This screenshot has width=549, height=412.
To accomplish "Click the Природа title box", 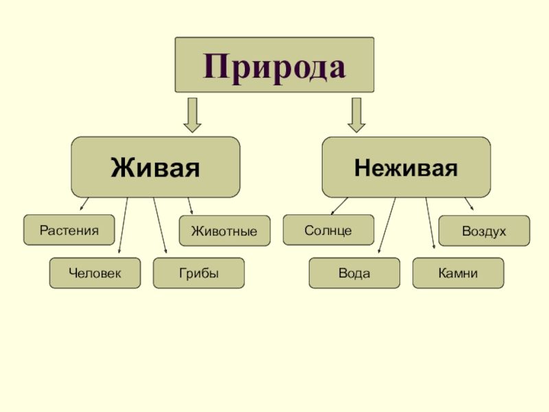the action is (x=274, y=65).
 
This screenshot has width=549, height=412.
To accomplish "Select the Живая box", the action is (x=156, y=167).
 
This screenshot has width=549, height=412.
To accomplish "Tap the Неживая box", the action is (x=406, y=167).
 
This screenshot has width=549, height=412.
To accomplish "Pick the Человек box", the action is (x=95, y=273).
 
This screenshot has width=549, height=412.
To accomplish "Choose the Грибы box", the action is (x=199, y=273).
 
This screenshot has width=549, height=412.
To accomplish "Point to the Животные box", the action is (x=224, y=231).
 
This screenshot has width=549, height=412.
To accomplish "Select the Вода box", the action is (x=354, y=273).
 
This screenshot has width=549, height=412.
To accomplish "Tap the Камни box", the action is (x=458, y=273).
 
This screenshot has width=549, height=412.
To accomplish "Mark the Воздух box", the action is (x=484, y=231).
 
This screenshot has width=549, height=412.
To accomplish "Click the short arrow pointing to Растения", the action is (x=84, y=204).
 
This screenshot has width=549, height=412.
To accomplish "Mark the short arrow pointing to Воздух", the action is (x=469, y=203).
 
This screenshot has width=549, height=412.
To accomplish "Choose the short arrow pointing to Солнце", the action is (x=339, y=205).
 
